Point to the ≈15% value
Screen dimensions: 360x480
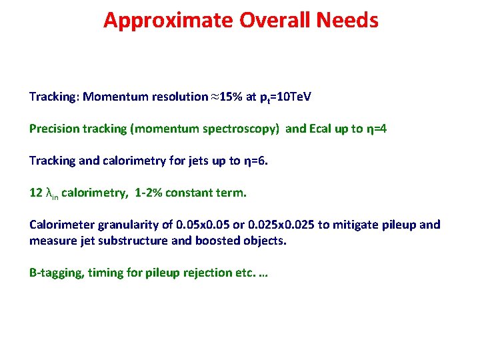[227, 97]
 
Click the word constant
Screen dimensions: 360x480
[192, 193]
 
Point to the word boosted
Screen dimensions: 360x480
[216, 240]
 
